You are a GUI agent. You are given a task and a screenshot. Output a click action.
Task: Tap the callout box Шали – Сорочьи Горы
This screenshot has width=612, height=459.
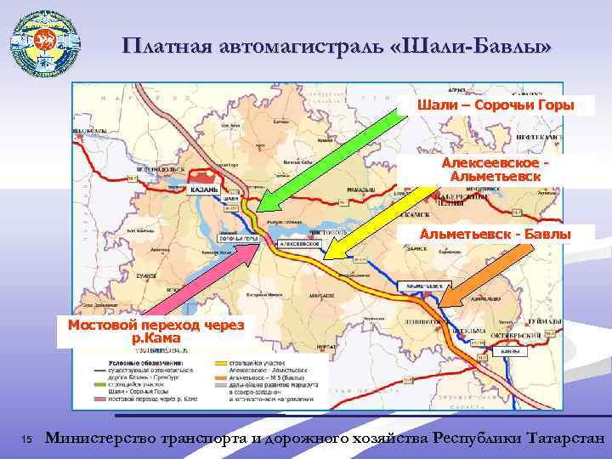(495, 105)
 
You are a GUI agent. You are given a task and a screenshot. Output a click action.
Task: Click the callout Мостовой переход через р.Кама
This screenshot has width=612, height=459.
(150, 331)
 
